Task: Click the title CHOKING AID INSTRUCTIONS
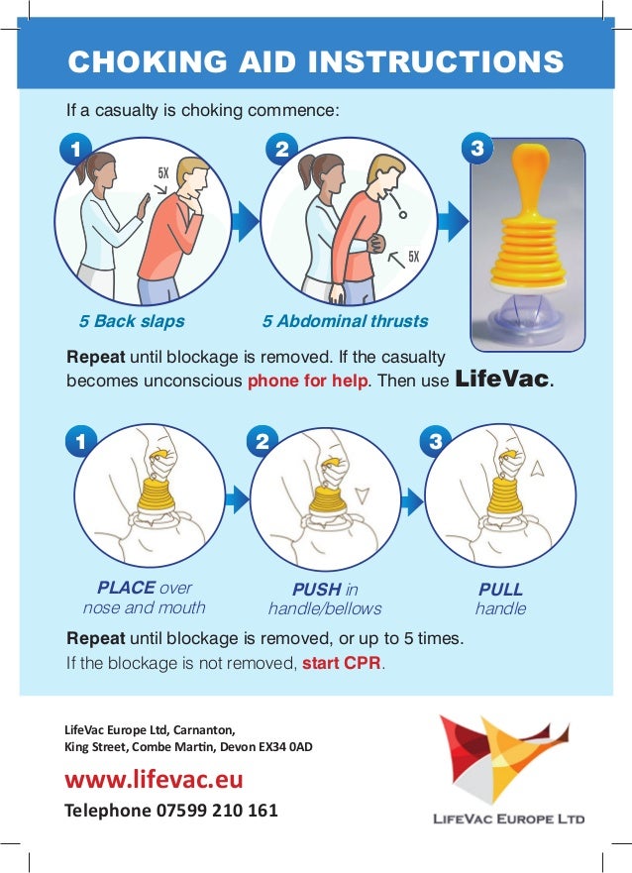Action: click(315, 61)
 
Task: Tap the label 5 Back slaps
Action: click(132, 321)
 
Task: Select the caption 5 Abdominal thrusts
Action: click(345, 321)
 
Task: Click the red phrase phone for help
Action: click(307, 380)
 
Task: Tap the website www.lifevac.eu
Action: click(154, 780)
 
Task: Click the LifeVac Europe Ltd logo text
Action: click(508, 818)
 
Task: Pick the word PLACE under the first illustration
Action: click(126, 588)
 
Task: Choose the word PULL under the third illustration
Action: click(500, 590)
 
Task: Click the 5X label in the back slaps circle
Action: click(163, 174)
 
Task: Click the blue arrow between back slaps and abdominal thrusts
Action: click(240, 218)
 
